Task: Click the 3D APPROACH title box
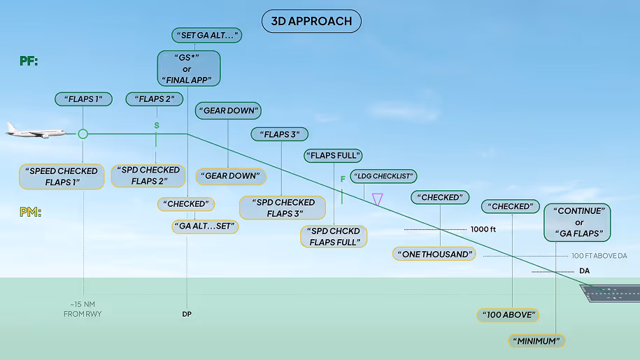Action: tap(311, 21)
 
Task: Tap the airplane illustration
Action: tap(35, 131)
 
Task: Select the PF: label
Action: tap(29, 62)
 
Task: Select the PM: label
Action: tap(29, 212)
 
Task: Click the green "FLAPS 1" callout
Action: tap(83, 99)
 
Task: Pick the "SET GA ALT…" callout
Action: tap(206, 35)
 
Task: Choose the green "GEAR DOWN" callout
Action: tap(228, 110)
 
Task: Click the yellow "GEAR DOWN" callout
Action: tap(231, 176)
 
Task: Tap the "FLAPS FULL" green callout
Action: tap(333, 155)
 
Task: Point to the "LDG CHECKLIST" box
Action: tap(383, 176)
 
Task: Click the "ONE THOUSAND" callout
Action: tap(434, 254)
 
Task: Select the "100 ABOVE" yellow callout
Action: tap(509, 315)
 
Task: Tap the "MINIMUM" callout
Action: tap(536, 341)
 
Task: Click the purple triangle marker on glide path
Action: tap(378, 200)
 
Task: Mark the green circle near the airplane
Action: tap(83, 134)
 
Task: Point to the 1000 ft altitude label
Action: tap(483, 229)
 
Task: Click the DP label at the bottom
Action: tap(187, 315)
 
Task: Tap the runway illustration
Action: tap(613, 292)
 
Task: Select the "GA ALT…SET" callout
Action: tap(206, 226)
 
